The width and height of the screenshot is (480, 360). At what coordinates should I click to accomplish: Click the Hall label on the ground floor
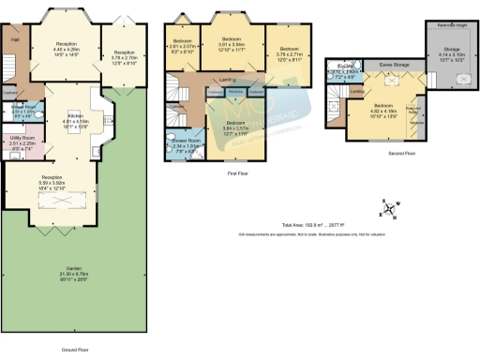(x=15, y=40)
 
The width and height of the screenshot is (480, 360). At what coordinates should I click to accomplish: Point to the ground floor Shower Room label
(x=22, y=107)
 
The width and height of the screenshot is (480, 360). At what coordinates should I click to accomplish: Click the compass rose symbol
(x=386, y=207)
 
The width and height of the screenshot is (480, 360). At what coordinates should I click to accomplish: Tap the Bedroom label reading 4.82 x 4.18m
(x=382, y=107)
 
